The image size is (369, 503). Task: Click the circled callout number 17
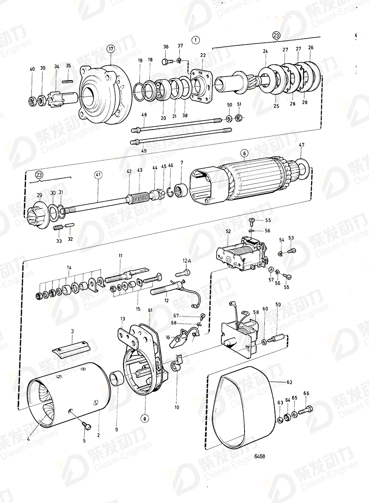pyautogui.click(x=110, y=49)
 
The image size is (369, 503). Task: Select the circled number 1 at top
pyautogui.click(x=195, y=40)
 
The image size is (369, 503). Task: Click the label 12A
pyautogui.click(x=187, y=260)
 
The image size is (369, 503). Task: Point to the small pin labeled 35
pyautogui.click(x=68, y=81)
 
